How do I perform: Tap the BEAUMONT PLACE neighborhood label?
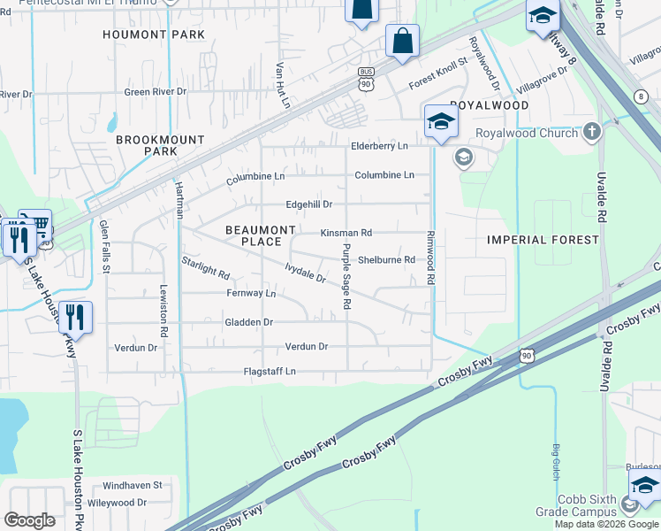pos(260,235)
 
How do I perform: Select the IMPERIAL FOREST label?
pos(543,240)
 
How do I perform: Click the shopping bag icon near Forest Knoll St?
pos(402,42)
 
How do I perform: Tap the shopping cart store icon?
pos(34,225)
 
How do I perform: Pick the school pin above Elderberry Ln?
pos(440,122)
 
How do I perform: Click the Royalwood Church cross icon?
pos(591,133)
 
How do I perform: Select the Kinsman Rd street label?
pos(346,233)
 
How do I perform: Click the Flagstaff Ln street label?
pos(270,372)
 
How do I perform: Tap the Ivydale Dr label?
pos(306,273)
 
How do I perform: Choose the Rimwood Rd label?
pos(431,258)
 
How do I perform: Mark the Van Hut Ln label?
pos(283,84)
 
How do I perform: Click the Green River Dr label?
pos(156,91)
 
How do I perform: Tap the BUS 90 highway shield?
pos(365,78)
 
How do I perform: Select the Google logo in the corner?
pos(30,520)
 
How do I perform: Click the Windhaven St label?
pos(133,485)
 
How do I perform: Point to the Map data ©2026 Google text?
pos(605,524)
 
